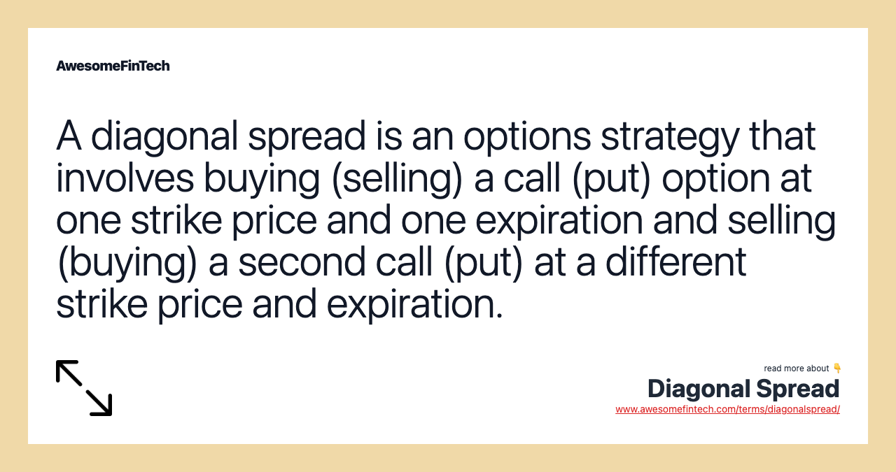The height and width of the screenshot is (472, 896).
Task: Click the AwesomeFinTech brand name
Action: tap(113, 66)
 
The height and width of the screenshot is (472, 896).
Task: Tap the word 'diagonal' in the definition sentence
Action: tap(164, 136)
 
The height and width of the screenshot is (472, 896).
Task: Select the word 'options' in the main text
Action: tap(527, 136)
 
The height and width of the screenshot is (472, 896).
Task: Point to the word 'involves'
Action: tap(125, 178)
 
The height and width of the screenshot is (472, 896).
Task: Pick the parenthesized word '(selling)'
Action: tap(397, 178)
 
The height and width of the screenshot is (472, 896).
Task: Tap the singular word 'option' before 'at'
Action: tap(716, 178)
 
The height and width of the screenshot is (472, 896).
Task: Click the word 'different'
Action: tap(676, 262)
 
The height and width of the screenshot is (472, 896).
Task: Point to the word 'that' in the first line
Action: tap(783, 136)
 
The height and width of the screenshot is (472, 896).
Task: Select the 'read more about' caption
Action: tap(796, 369)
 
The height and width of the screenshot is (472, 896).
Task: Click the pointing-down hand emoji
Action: tap(836, 368)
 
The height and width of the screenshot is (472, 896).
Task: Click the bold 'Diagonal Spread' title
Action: tap(743, 389)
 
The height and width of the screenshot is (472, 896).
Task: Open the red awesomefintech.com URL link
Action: tap(727, 410)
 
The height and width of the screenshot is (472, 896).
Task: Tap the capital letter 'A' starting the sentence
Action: tap(69, 136)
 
